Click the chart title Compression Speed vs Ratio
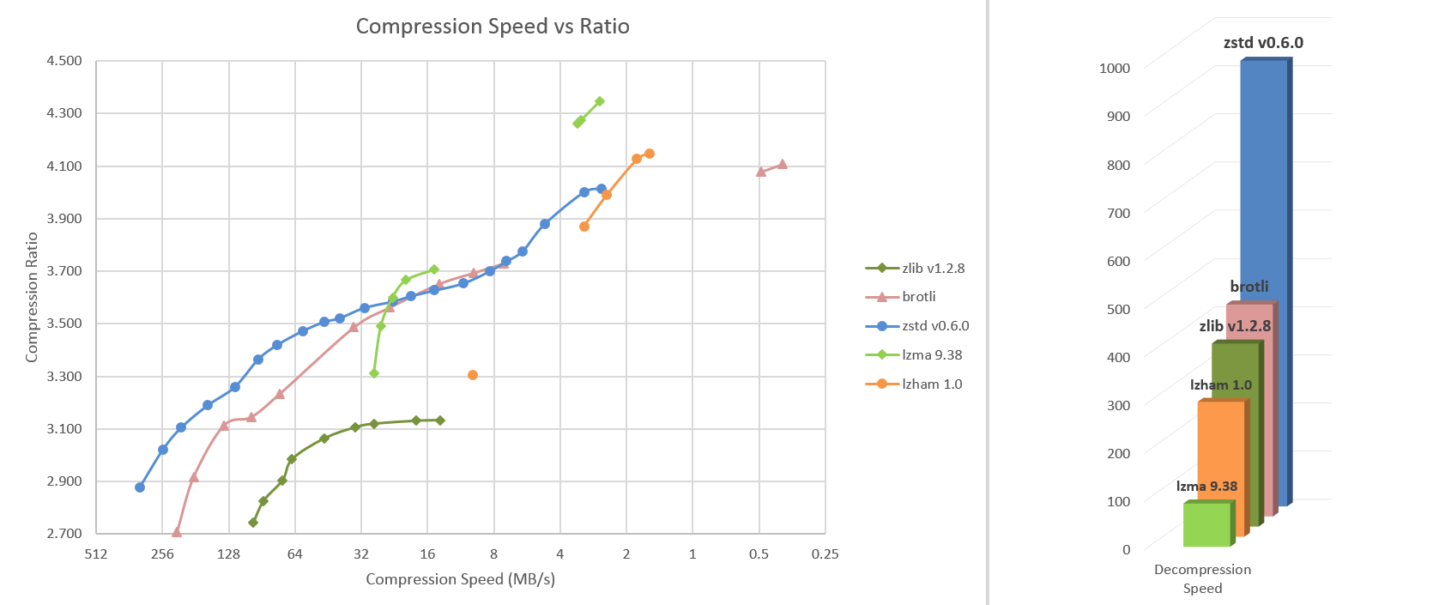tap(493, 27)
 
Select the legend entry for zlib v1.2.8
tap(933, 269)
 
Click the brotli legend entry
tap(918, 297)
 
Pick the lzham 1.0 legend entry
tap(931, 384)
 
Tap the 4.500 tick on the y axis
tap(64, 61)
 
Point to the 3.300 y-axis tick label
tap(64, 376)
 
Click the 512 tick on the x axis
tap(96, 554)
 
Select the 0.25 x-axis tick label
tap(825, 554)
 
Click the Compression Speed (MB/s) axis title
tap(460, 579)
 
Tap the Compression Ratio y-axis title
tap(32, 297)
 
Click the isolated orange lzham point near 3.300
tap(473, 375)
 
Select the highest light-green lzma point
tap(600, 101)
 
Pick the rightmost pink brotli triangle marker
tap(782, 164)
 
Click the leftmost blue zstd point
tap(140, 487)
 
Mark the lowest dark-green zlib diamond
tap(253, 523)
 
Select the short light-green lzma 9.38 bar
tap(1206, 524)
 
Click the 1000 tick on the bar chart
tap(1115, 68)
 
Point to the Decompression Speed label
tap(1202, 578)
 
